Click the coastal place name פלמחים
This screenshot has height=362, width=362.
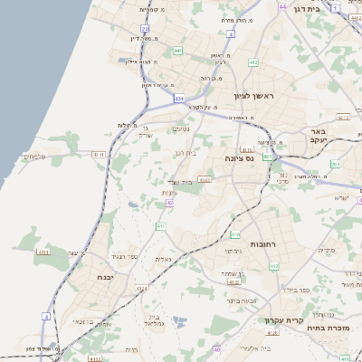tap(30, 157)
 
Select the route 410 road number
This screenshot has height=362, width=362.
tap(233, 234)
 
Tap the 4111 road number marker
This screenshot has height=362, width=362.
tap(43, 252)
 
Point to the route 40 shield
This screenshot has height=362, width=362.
tap(217, 348)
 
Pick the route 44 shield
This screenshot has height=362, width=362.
tap(283, 6)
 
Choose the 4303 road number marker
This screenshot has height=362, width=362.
tap(205, 180)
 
